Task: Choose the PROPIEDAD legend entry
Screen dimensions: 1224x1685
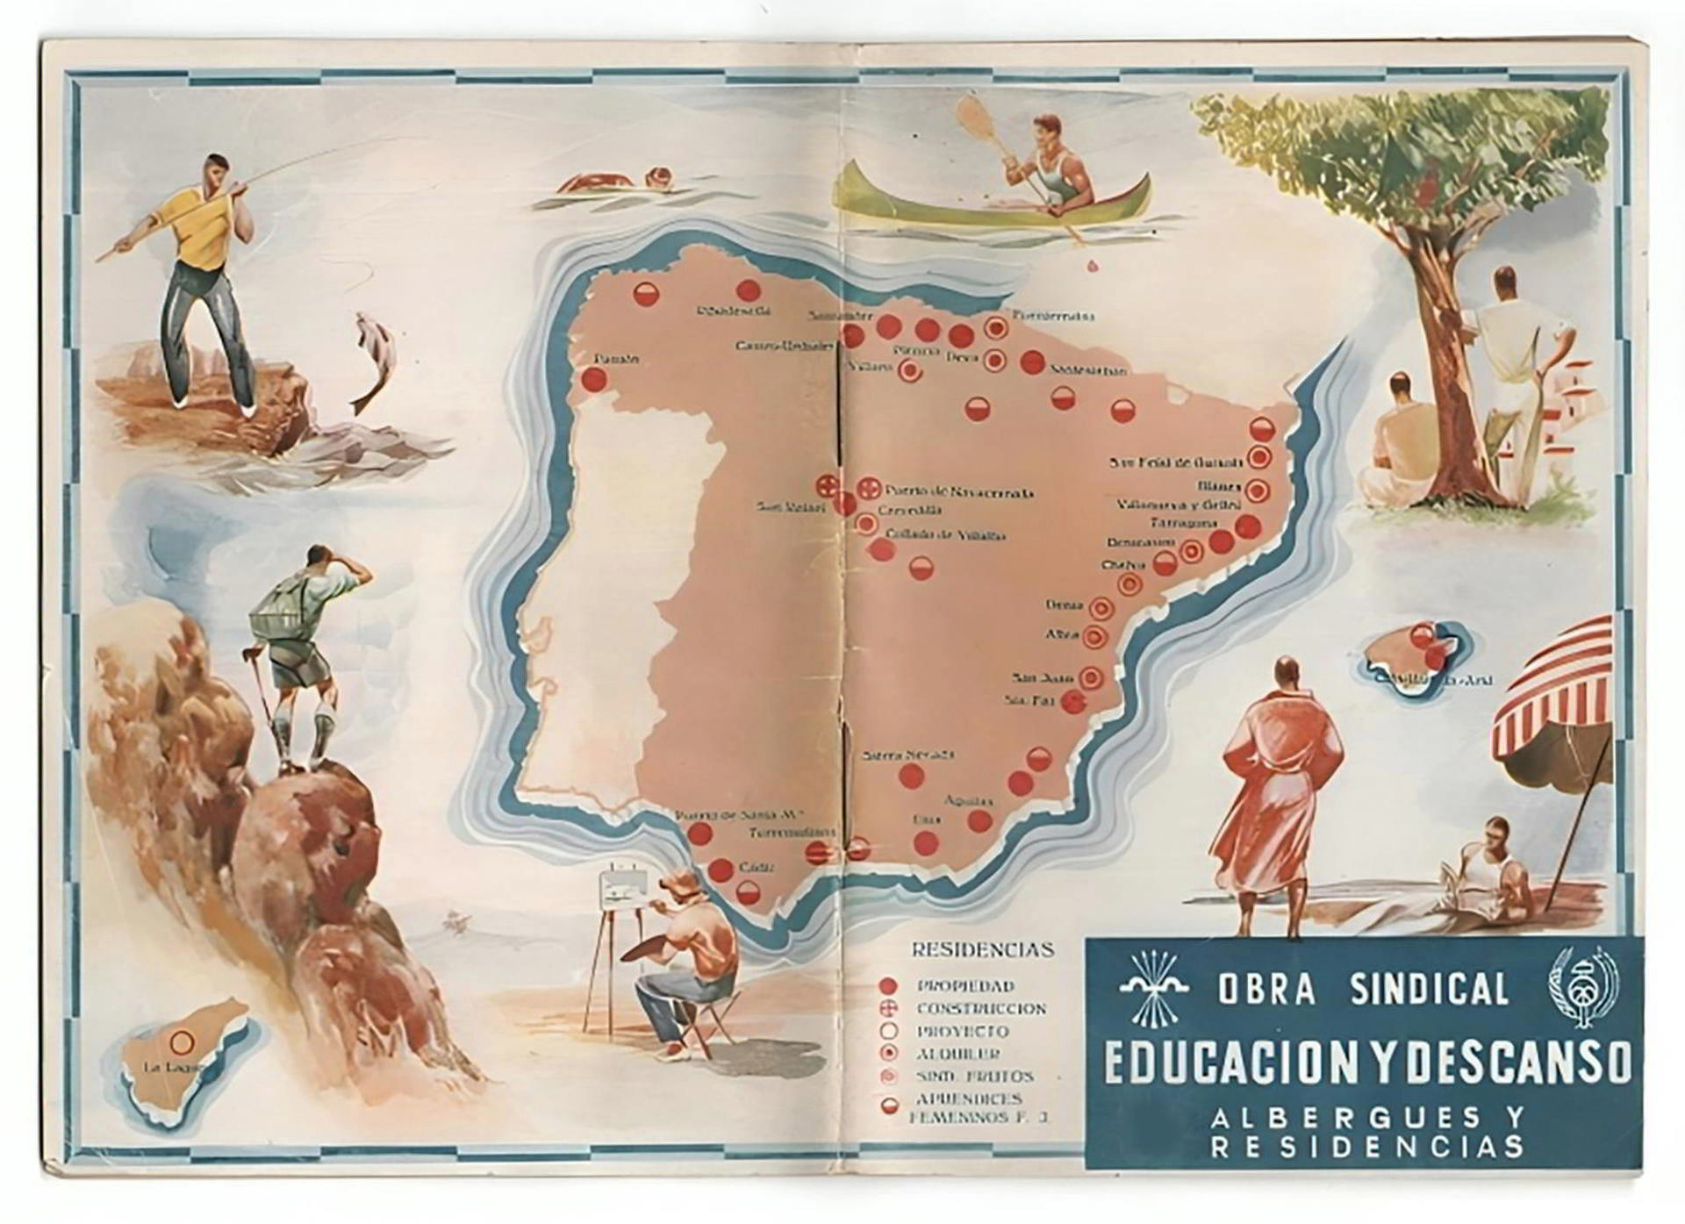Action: tap(965, 986)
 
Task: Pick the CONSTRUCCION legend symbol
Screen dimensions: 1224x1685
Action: tap(887, 1009)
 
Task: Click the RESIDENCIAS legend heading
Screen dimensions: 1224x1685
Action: tap(982, 949)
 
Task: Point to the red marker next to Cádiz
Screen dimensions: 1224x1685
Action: tap(721, 870)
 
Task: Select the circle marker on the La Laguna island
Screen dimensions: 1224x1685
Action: tap(182, 1041)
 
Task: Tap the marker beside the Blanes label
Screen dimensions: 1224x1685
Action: tap(1257, 490)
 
